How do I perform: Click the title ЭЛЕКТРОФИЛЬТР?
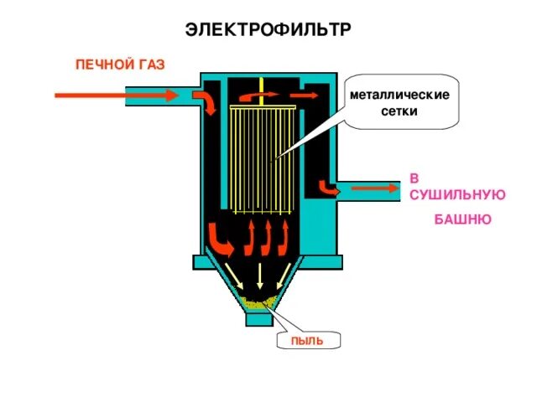[x=268, y=30]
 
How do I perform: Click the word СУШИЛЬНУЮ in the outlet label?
[x=457, y=193]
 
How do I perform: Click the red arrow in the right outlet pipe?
[x=375, y=188]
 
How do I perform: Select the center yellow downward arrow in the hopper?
[x=261, y=275]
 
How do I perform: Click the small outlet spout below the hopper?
[x=259, y=319]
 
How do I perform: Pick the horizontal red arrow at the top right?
[x=304, y=95]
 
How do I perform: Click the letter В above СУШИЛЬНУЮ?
[x=414, y=178]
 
